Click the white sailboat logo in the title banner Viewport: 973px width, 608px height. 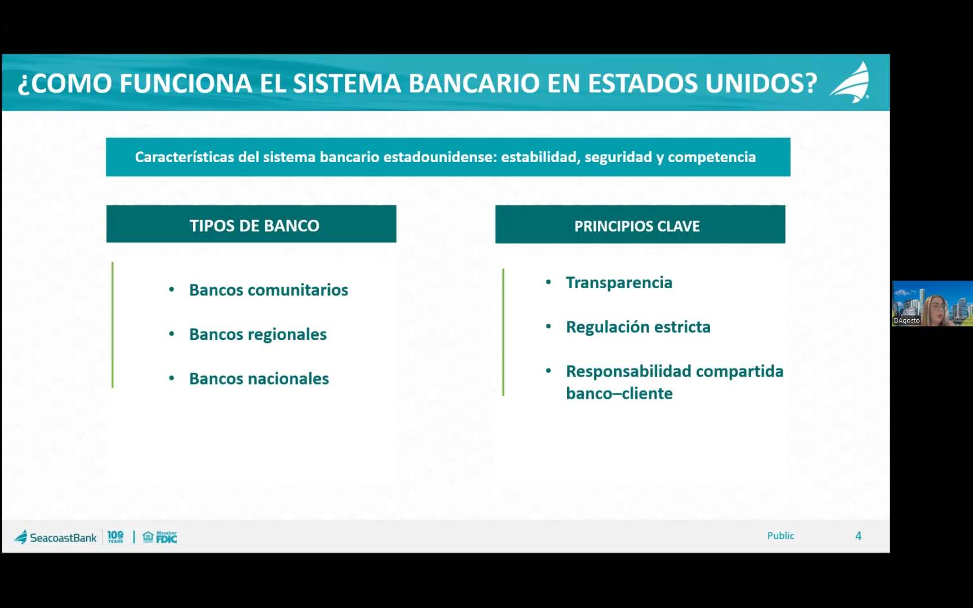pos(850,83)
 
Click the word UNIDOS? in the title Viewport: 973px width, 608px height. pos(761,83)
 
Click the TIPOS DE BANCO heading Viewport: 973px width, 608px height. pos(255,226)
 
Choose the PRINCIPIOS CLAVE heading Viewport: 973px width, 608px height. pos(637,226)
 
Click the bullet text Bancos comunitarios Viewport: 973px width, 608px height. pos(269,290)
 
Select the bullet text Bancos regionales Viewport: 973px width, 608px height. pos(258,334)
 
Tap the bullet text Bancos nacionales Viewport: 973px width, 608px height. pos(259,379)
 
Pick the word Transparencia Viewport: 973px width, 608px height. pos(619,283)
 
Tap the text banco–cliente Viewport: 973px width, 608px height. pos(619,394)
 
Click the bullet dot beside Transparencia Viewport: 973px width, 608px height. pos(548,281)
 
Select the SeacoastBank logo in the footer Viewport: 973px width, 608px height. pos(56,537)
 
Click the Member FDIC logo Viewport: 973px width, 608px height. pos(160,537)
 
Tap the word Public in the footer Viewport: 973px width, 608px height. pos(780,536)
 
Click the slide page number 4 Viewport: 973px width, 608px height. pos(858,536)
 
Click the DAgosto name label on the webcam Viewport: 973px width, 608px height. pos(907,321)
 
